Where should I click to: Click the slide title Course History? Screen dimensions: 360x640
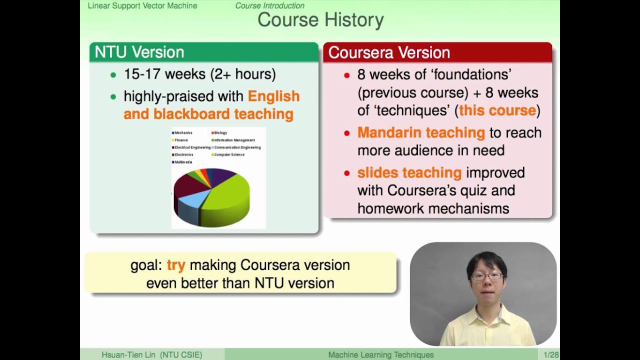click(320, 20)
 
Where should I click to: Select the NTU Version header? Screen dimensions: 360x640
click(139, 52)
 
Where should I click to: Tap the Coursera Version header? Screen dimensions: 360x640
click(389, 52)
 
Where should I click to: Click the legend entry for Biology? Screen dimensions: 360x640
click(220, 133)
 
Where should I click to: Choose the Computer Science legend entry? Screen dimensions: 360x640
click(229, 154)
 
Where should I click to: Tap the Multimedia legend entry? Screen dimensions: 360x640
click(183, 162)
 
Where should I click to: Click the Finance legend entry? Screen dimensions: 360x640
click(181, 140)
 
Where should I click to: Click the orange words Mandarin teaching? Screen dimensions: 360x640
click(421, 132)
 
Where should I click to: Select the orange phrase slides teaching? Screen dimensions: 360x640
click(409, 172)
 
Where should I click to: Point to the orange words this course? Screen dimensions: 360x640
click(497, 110)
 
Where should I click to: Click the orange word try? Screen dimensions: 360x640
click(176, 265)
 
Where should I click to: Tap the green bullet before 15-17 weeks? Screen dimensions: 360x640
click(113, 75)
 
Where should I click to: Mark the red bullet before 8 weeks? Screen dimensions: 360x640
click(346, 75)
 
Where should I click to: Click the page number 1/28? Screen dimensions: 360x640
click(551, 355)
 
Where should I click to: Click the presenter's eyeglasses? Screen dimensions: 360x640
click(486, 276)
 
